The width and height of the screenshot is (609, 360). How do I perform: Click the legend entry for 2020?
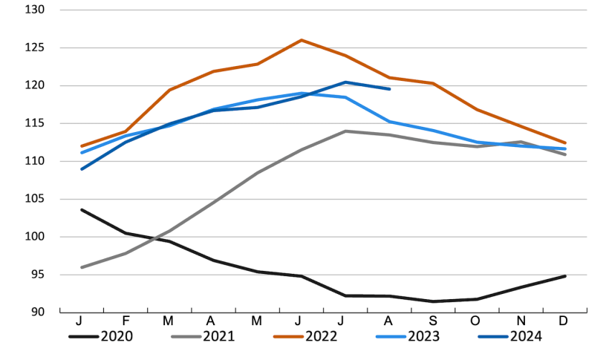click(x=101, y=336)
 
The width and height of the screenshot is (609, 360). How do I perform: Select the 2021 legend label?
click(x=203, y=336)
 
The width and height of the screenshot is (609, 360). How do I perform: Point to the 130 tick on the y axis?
click(x=35, y=10)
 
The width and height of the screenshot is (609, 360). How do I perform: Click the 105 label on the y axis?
click(x=35, y=199)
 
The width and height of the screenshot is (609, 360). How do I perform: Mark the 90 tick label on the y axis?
click(x=38, y=312)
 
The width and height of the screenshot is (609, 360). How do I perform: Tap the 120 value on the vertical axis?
click(x=35, y=86)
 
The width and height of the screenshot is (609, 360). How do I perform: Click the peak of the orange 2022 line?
click(x=301, y=40)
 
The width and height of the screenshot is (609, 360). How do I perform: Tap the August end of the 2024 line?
click(x=390, y=89)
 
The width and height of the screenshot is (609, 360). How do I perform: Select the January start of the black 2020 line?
click(x=82, y=209)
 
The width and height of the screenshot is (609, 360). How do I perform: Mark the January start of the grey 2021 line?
click(x=82, y=267)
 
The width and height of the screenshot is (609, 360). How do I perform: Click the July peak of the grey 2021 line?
click(x=345, y=131)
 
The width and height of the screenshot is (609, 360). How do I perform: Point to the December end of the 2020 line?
click(x=565, y=276)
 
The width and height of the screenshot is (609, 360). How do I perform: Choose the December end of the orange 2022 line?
click(x=565, y=143)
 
